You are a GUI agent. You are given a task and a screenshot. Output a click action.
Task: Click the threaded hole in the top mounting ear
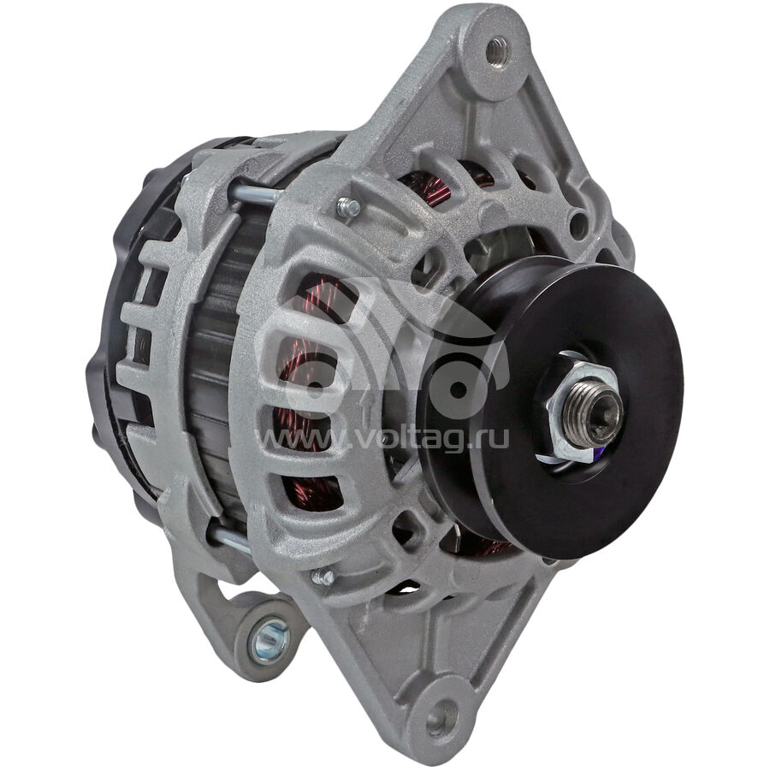tap(498, 50)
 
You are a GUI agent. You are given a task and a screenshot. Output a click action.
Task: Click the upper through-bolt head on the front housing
tap(348, 207)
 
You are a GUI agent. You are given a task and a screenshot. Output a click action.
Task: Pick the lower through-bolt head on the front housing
tap(323, 576)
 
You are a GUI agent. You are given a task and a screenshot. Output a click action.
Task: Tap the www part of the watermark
tap(299, 439)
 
